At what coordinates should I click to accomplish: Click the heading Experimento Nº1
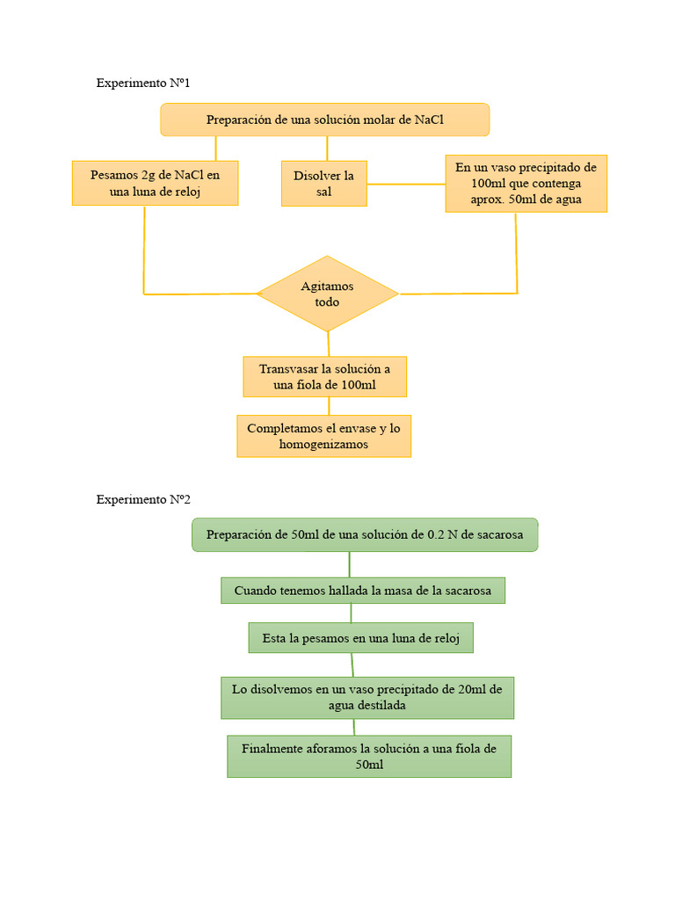point(143,83)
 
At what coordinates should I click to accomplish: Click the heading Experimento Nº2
point(143,499)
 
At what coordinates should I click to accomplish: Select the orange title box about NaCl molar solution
point(324,120)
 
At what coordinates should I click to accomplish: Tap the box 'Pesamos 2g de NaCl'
point(155,183)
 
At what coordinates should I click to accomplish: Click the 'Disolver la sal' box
point(323,183)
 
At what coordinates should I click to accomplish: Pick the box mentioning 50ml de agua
point(526,184)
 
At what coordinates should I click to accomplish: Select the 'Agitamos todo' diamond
point(327,294)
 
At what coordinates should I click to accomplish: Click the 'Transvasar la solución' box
point(324,377)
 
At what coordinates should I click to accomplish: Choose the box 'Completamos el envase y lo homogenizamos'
point(323,436)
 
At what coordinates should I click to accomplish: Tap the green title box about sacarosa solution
point(364,534)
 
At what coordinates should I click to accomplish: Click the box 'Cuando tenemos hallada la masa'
point(362,591)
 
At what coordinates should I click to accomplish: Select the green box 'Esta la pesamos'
point(360,638)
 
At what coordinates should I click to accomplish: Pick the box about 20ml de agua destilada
point(367,697)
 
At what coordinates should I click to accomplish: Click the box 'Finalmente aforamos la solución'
point(368,756)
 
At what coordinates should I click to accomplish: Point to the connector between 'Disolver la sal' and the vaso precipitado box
point(405,184)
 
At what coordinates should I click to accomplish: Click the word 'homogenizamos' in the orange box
point(323,445)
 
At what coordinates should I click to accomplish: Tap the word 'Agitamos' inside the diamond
point(327,286)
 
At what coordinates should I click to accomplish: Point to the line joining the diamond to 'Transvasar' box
point(329,344)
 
